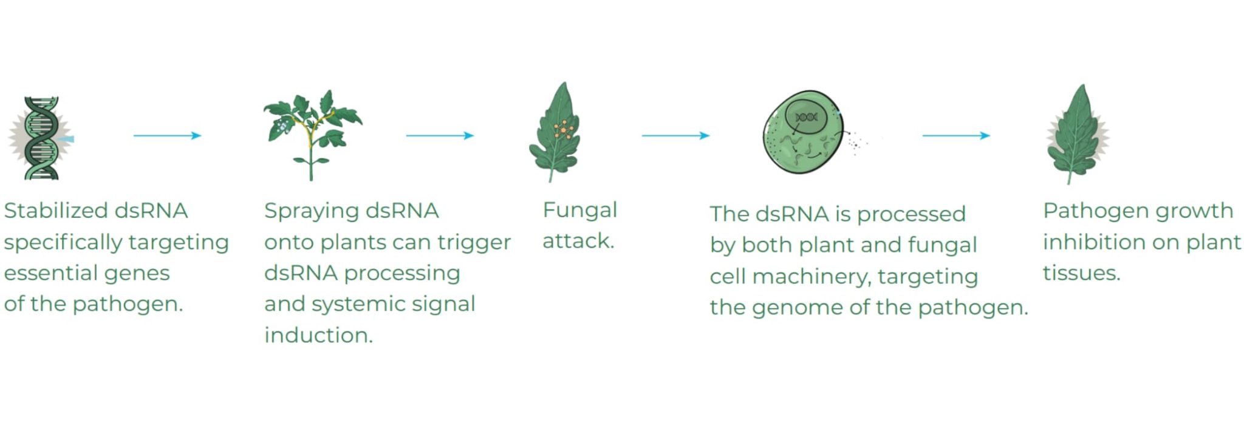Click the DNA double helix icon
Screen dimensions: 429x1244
coord(41,138)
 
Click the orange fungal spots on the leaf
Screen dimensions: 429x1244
coord(564,130)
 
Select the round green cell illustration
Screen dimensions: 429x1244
coord(803,133)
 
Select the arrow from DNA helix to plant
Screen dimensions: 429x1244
coord(167,135)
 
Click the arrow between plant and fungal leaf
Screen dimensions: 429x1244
coord(439,135)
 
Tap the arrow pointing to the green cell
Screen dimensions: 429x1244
coord(675,135)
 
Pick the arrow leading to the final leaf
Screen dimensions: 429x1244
coord(955,135)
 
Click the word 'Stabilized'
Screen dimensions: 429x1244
coord(56,211)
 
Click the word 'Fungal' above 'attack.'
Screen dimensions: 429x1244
coord(579,210)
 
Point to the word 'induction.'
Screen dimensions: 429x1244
coord(318,335)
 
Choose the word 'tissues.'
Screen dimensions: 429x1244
coord(1081,273)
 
